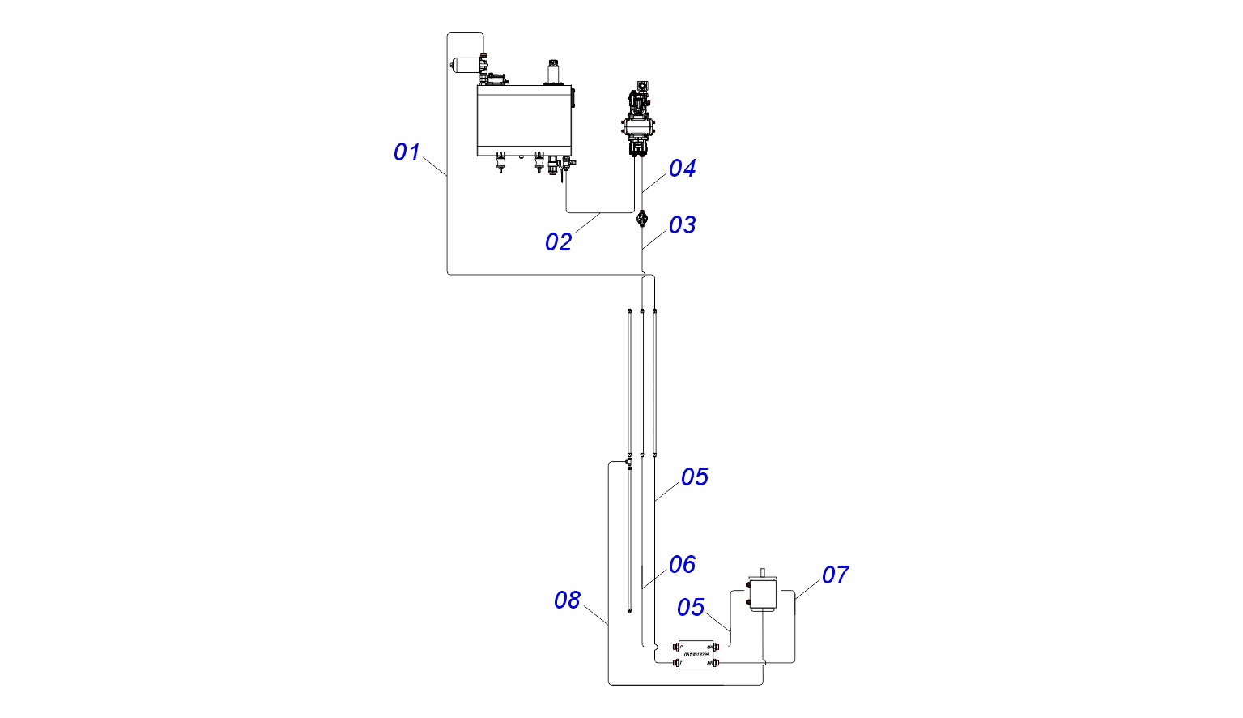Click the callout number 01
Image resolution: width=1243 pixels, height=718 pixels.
[x=407, y=152]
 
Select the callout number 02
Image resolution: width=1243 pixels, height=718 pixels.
[x=558, y=241]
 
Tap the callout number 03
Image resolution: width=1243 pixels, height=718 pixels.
[x=682, y=224]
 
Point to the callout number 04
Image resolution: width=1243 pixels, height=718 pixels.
[x=682, y=168]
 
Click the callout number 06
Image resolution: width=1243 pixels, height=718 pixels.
[x=682, y=564]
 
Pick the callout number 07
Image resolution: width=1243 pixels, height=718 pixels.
[x=835, y=575]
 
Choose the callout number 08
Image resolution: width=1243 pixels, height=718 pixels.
[x=567, y=600]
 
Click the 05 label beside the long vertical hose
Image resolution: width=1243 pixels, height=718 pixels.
[x=694, y=477]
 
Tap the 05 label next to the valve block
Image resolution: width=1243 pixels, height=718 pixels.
[x=690, y=607]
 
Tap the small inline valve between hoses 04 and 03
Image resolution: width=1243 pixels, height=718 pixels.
[x=642, y=218]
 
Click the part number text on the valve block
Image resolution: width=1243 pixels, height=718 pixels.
[x=696, y=655]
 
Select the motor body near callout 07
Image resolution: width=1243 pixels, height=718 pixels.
[x=763, y=595]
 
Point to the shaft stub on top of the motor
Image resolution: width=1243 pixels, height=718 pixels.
[x=763, y=572]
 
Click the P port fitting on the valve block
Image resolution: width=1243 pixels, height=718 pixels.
[x=677, y=647]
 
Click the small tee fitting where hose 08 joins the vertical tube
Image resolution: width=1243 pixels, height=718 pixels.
[x=629, y=463]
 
